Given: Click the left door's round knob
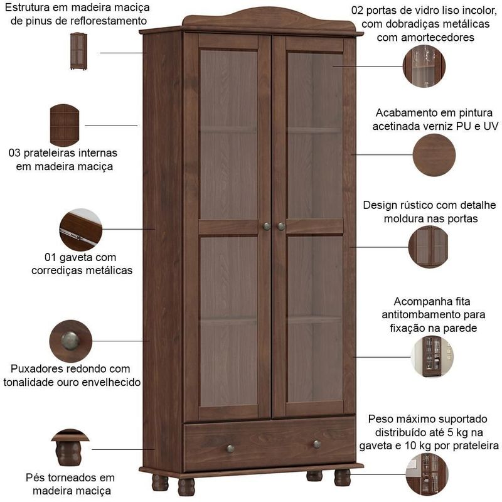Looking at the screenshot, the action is (266, 227).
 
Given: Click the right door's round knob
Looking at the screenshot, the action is (281, 227).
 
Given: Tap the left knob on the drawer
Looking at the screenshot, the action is (230, 449).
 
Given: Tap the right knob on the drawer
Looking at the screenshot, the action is (317, 444).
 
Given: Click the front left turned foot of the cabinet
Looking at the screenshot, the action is (186, 487).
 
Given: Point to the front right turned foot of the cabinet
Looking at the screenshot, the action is (342, 478).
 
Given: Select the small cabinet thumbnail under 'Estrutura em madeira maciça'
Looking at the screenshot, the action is (78, 51).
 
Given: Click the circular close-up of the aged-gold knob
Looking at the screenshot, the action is (71, 341).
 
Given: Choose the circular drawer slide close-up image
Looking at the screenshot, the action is (81, 230).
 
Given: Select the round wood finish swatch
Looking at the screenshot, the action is (434, 155).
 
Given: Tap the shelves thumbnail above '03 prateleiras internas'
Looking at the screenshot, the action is (65, 125).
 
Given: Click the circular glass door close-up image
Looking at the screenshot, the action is (424, 67).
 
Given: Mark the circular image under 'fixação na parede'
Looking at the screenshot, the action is (432, 356).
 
